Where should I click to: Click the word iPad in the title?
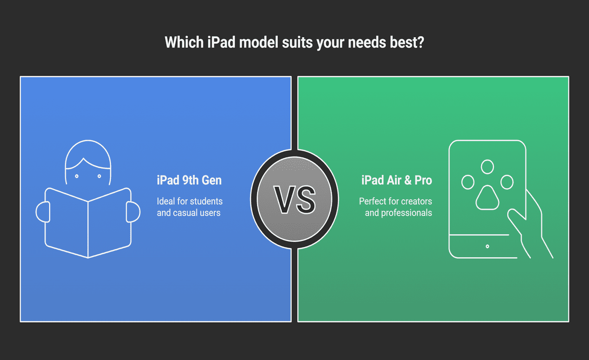tap(221, 42)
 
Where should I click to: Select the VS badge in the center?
tap(294, 199)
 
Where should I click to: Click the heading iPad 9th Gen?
tap(189, 181)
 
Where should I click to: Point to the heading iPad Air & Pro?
tap(397, 181)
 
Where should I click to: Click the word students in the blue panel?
tap(206, 201)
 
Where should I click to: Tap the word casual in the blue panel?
tap(185, 213)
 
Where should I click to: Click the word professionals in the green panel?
tap(406, 213)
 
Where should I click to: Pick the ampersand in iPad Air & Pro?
tap(407, 181)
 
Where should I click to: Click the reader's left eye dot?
tap(77, 176)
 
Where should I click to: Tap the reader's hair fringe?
tap(88, 164)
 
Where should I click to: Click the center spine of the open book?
tap(88, 230)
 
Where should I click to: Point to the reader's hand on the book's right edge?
tap(133, 212)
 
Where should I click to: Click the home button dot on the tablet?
tap(487, 246)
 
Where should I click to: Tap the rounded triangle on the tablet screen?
tap(487, 198)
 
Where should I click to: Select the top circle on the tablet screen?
tap(487, 167)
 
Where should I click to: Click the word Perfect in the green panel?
tap(373, 201)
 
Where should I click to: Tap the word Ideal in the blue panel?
tap(166, 201)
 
